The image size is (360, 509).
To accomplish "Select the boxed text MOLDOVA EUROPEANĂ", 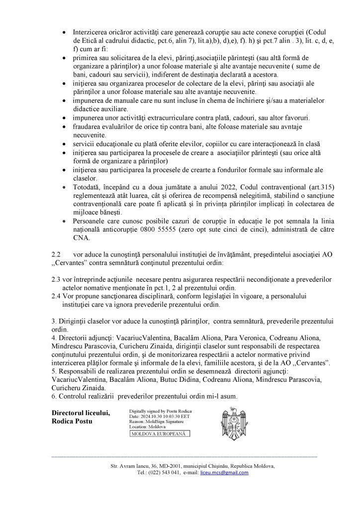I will tap(158, 434).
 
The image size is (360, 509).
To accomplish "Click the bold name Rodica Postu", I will tap(72, 422).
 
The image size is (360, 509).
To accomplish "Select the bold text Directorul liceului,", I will tap(80, 413).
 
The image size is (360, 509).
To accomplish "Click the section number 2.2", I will tap(56, 253).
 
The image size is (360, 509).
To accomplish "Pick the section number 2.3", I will tap(56, 280).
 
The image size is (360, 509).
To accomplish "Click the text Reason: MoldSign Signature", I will tap(156, 422).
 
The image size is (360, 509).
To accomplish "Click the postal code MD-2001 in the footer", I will tap(160, 466).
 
